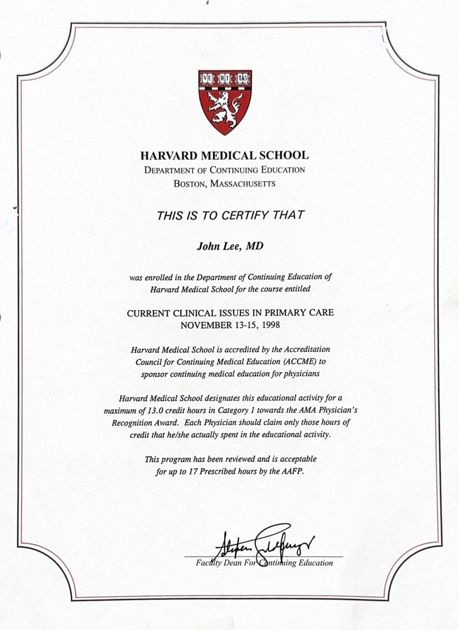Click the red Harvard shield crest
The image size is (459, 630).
tap(224, 102)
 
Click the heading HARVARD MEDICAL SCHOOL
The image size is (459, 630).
tap(224, 155)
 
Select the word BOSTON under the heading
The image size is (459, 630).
tap(192, 184)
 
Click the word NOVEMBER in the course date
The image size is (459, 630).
tap(205, 324)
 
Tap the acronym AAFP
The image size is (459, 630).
tap(293, 471)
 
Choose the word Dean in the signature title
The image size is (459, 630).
tap(227, 563)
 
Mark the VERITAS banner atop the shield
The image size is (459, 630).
tap(224, 79)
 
